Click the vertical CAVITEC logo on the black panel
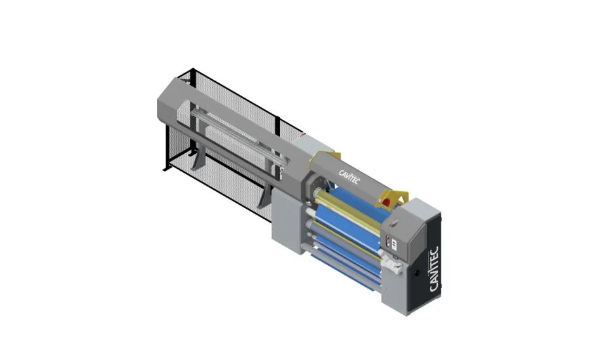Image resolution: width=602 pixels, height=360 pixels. [x=434, y=269]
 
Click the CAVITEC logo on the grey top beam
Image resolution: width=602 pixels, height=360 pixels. [x=349, y=176]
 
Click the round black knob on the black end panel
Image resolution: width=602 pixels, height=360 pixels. [x=417, y=273]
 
